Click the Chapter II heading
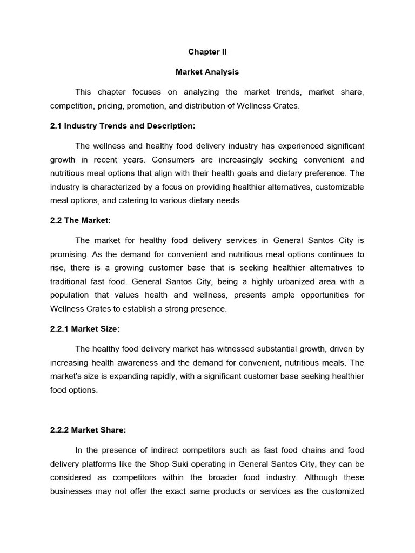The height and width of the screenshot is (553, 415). click(207, 52)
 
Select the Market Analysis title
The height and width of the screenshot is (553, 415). click(207, 72)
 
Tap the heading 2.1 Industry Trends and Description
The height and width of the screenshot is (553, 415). click(122, 126)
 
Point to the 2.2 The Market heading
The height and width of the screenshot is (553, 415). click(81, 220)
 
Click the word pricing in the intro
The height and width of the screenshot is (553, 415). click(115, 106)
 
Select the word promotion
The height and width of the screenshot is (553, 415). click(155, 106)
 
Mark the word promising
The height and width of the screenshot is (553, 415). click(70, 254)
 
